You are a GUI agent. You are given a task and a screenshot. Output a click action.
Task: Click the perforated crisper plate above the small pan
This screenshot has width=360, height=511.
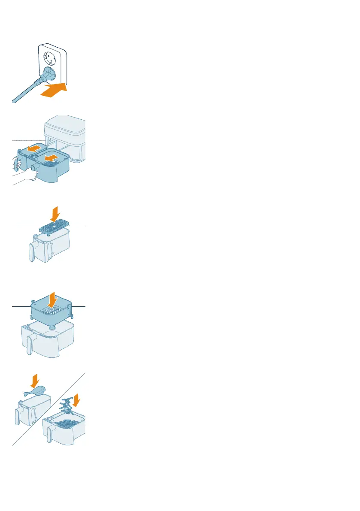click(x=54, y=226)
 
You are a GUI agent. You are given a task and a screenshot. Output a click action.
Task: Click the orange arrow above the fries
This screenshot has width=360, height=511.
click(x=76, y=400)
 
